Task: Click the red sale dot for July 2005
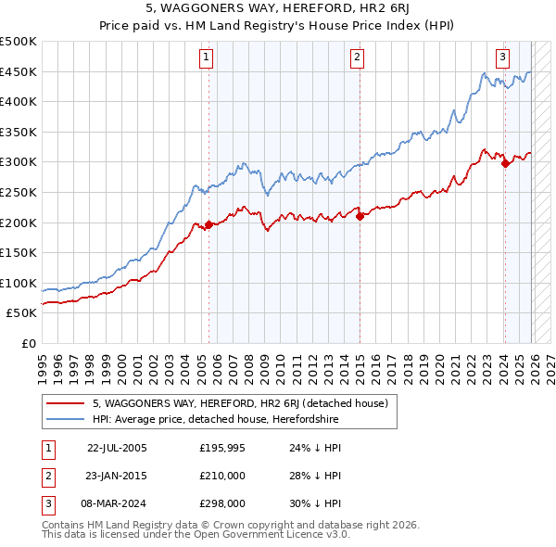[208, 223]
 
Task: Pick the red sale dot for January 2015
[360, 216]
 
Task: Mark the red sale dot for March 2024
[505, 164]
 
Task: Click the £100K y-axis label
[19, 283]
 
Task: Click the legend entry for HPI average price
[215, 420]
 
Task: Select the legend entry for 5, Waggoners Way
[245, 403]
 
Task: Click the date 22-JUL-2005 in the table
[117, 447]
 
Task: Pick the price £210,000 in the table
[222, 476]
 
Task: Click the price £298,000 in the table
[222, 504]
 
